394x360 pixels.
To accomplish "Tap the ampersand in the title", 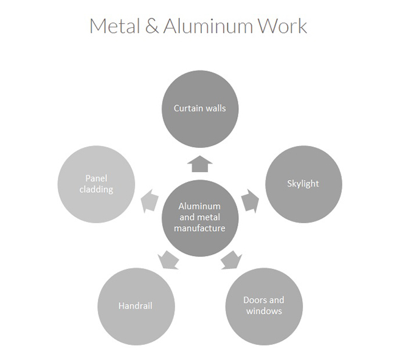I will tap(153, 26).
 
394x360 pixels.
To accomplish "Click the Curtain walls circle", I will tap(199, 108).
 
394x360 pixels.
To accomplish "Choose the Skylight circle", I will tap(303, 184).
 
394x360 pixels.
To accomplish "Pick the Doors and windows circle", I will tap(264, 306).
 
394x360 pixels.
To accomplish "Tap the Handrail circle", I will tap(136, 306).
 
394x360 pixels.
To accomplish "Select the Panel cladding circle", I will tap(95, 184).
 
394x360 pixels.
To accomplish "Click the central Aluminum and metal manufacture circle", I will tap(199, 217).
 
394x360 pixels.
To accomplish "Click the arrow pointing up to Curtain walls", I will tap(199, 164).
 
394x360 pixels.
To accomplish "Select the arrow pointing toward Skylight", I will tap(250, 201).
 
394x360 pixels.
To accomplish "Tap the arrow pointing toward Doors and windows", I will tap(230, 260).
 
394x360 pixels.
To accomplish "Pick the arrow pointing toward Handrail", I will tap(168, 260).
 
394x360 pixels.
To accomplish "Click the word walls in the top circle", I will tap(215, 108).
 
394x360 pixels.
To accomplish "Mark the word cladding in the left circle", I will tap(96, 189).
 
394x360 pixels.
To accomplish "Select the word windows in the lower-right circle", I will tap(264, 311).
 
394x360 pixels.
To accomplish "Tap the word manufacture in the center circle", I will tap(199, 228).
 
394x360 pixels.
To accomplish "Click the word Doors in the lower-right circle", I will tap(255, 300).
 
